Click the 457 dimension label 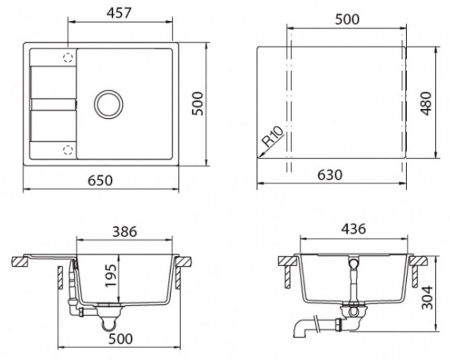[119, 13]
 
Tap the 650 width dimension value [100, 180]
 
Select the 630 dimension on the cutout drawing [330, 175]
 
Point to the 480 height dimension [426, 103]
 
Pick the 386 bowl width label [125, 232]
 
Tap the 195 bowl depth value [111, 275]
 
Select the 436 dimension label [354, 229]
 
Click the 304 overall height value [427, 297]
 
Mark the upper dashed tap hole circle [68, 58]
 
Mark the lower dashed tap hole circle [68, 150]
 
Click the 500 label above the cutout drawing [347, 19]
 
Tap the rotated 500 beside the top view [197, 103]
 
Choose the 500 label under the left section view [121, 339]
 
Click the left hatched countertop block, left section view [20, 262]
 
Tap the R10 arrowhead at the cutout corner [259, 156]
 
